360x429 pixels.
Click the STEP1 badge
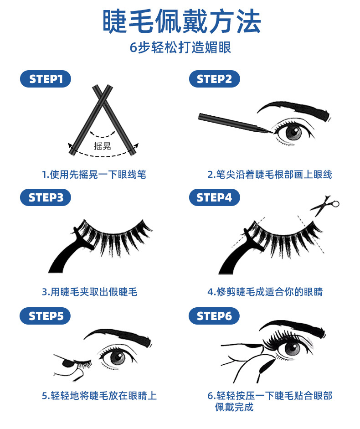pos(46,79)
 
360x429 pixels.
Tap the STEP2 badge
pos(214,79)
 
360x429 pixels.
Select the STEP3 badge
pos(46,197)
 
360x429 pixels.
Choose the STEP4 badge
pos(214,197)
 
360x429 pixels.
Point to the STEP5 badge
pos(46,316)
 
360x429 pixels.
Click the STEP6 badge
pos(214,316)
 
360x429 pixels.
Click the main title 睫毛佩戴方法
pos(181,21)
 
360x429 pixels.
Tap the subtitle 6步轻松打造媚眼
pos(180,47)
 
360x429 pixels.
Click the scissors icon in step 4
pos(325,205)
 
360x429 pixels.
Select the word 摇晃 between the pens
pos(103,146)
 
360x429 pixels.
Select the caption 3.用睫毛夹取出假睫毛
pos(89,292)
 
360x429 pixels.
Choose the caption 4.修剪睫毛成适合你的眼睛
pos(265,292)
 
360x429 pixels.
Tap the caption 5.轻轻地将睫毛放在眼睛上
pos(99,396)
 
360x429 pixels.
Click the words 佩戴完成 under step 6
pos(234,407)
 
